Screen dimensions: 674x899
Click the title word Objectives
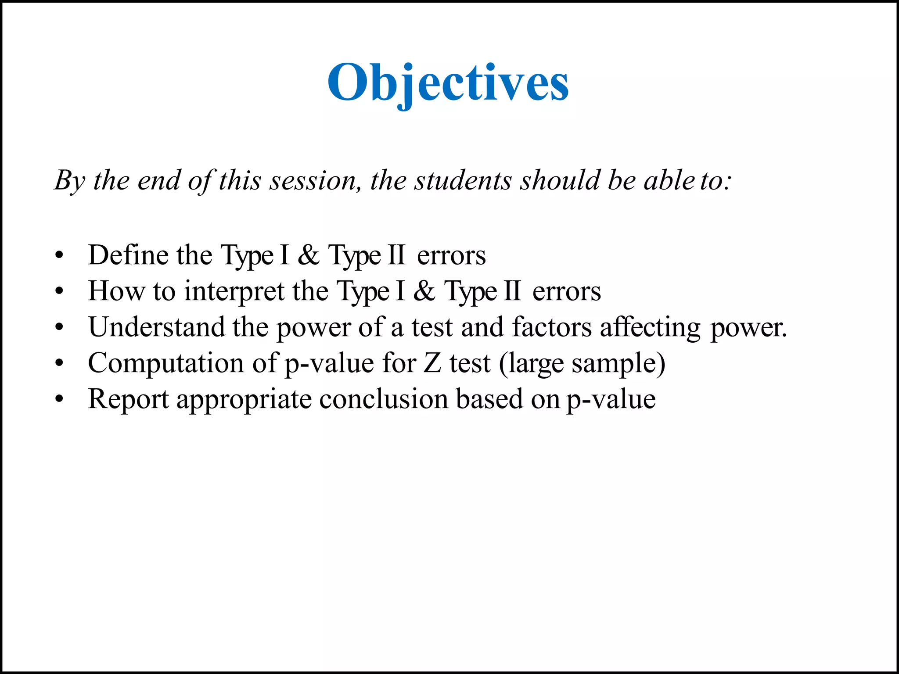pos(448,82)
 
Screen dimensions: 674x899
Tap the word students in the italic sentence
pos(463,180)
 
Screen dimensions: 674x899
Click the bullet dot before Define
pos(60,255)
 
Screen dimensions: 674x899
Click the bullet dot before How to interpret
pos(60,291)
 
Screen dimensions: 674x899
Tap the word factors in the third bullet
pos(552,327)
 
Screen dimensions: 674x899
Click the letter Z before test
pos(432,363)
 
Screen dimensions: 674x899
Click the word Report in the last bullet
pos(128,399)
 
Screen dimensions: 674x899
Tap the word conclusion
pos(384,399)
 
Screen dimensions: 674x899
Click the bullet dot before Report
pos(60,399)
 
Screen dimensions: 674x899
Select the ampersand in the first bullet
pos(309,255)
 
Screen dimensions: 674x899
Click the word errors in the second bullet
pos(566,291)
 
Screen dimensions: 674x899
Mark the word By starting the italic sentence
pos(69,180)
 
